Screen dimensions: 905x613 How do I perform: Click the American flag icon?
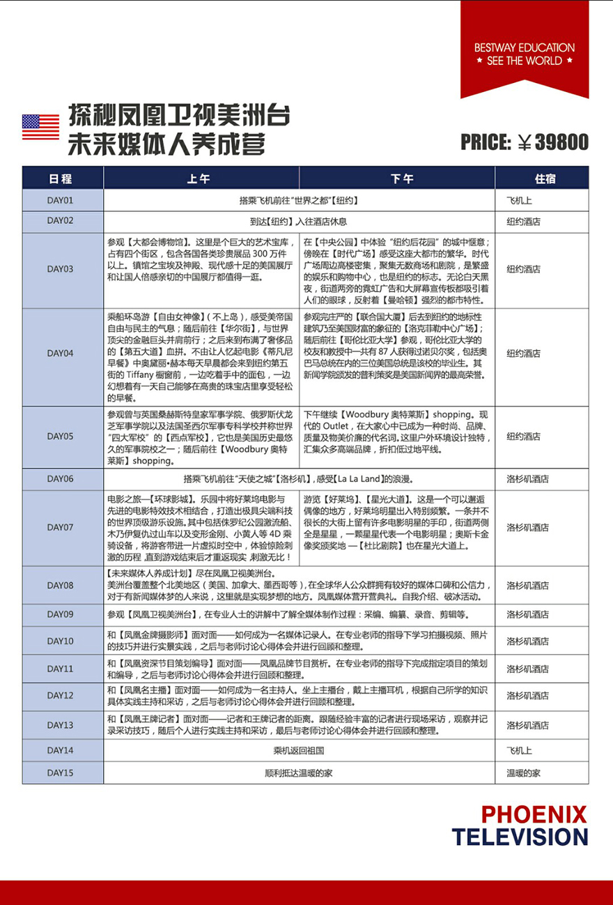point(40,127)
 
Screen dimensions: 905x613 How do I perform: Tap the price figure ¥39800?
point(553,143)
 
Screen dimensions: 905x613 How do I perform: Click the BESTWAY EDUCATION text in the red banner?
point(524,48)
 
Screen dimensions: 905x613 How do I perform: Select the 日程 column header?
point(61,178)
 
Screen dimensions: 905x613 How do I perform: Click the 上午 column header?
point(199,178)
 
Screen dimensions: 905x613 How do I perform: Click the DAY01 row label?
point(61,200)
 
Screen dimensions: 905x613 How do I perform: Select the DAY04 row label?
point(61,353)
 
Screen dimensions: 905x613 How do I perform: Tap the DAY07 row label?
point(61,528)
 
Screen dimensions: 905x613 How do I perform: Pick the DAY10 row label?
point(61,641)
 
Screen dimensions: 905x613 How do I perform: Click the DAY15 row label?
point(61,773)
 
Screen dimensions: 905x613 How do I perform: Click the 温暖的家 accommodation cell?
point(523,773)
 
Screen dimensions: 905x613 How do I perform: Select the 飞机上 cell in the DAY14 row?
point(519,750)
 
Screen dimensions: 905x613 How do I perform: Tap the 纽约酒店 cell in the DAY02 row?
point(523,222)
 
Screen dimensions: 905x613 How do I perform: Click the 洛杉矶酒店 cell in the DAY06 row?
point(527,479)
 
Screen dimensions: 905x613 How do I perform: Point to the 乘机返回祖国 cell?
point(299,750)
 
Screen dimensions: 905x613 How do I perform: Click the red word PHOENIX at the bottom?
point(534,814)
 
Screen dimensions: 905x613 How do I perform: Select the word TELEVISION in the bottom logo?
point(520,837)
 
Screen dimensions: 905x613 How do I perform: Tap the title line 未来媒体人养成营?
point(166,145)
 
